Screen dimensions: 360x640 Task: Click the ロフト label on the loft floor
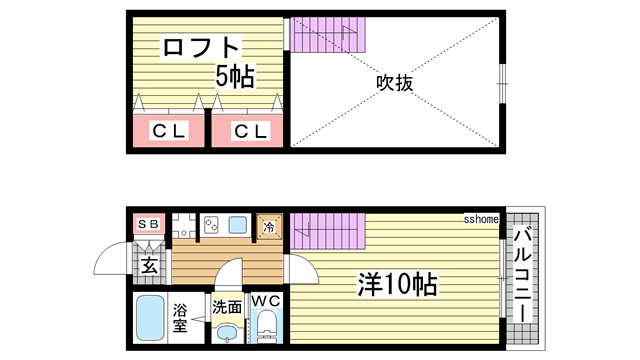coord(202,47)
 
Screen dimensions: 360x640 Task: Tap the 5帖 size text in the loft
coord(237,75)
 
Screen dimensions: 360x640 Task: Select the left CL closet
coord(168,131)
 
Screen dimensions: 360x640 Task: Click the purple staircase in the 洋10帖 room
coord(329,235)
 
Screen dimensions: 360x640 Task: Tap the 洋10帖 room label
coord(397,284)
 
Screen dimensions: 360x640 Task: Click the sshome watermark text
coord(481,218)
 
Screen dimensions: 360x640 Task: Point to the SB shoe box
coord(148,224)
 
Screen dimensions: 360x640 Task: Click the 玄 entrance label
coord(149,266)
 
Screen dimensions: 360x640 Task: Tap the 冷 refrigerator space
coord(269,227)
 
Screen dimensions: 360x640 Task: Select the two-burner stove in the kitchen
coord(212,225)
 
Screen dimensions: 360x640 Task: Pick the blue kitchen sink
coord(238,225)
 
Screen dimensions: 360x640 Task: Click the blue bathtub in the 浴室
coord(151,319)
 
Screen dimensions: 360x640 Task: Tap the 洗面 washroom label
coord(227,308)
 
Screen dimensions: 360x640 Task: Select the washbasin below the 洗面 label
coord(227,333)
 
